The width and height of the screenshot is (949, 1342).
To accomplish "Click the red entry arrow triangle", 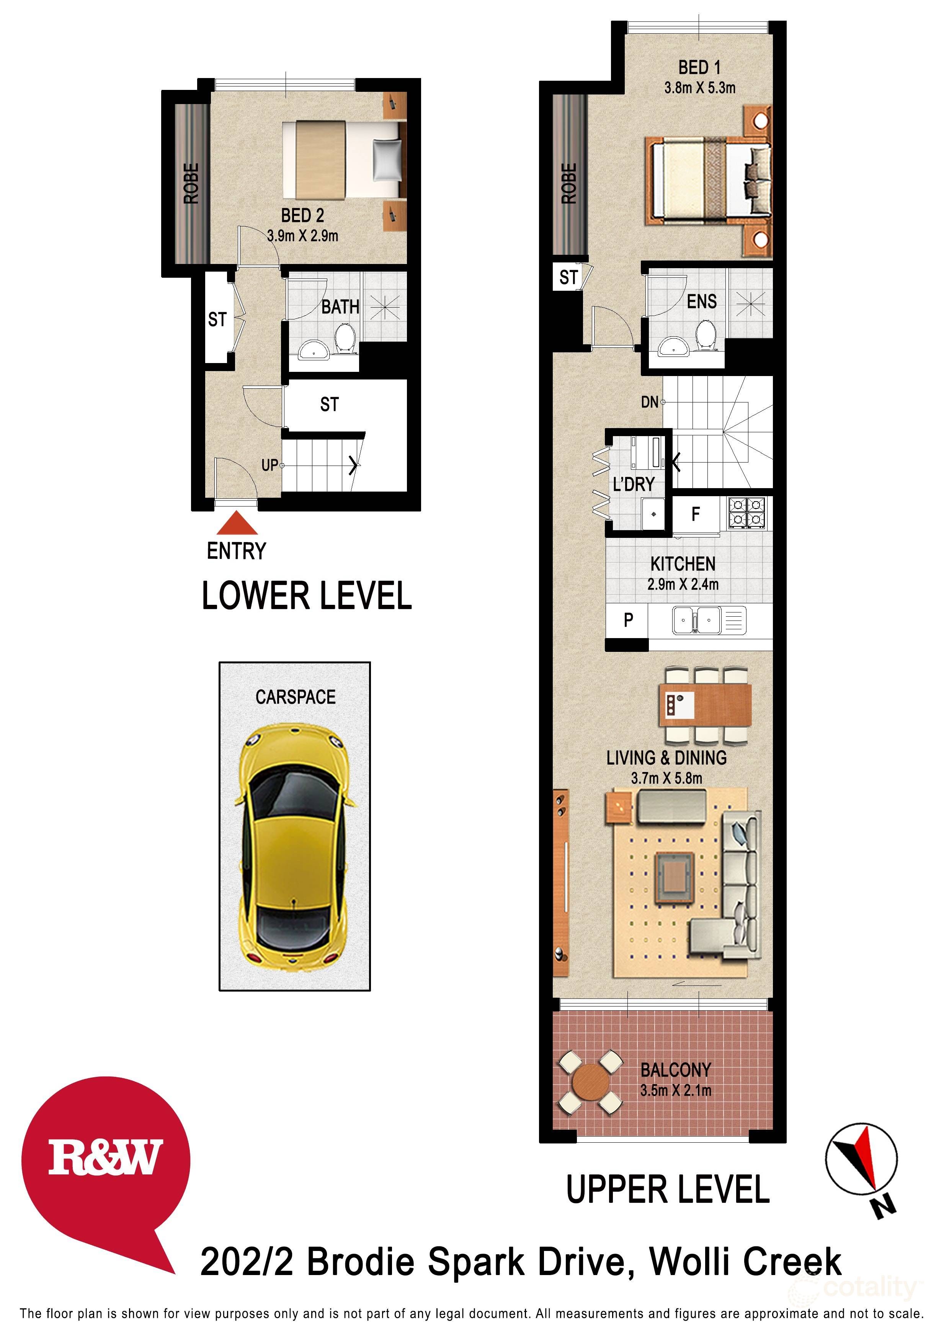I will pos(237,524).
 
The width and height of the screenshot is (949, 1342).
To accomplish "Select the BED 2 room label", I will pos(302,216).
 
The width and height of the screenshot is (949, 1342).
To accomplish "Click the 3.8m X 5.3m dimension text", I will pos(699,88).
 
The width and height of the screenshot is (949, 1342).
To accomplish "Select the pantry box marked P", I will pos(628,620).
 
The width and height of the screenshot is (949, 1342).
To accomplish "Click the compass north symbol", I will pos(861,1160).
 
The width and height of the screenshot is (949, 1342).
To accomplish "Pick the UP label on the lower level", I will pos(270,465).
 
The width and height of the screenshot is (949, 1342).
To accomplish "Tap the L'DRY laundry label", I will pos(633,485).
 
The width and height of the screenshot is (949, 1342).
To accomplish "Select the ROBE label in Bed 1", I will pos(569,184).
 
